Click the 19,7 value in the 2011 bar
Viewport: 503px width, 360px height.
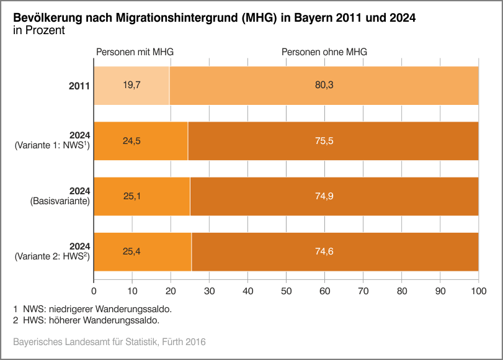pyautogui.click(x=131, y=86)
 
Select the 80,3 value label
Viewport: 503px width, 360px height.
pyautogui.click(x=324, y=86)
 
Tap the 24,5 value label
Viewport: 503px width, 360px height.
pyautogui.click(x=131, y=141)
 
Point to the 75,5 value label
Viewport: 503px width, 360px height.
pyautogui.click(x=324, y=141)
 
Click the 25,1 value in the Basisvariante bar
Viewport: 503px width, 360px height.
pyautogui.click(x=133, y=196)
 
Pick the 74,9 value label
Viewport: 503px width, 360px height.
pyautogui.click(x=324, y=196)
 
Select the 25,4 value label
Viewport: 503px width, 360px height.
pyautogui.click(x=133, y=251)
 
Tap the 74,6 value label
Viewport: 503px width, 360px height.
pyautogui.click(x=324, y=251)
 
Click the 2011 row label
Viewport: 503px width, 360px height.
pyautogui.click(x=79, y=86)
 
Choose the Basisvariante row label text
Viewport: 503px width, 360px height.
pyautogui.click(x=60, y=201)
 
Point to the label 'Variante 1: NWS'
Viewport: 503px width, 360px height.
pyautogui.click(x=52, y=146)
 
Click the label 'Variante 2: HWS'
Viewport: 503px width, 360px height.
pyautogui.click(x=52, y=256)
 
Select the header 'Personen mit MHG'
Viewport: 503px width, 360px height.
pyautogui.click(x=135, y=52)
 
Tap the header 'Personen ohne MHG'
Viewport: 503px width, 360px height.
pyautogui.click(x=324, y=52)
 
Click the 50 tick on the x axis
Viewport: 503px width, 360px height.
pyautogui.click(x=286, y=289)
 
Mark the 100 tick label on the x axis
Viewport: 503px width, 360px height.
pyautogui.click(x=478, y=289)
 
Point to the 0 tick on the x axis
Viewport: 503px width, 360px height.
pyautogui.click(x=94, y=289)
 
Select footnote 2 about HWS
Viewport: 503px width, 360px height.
pyautogui.click(x=86, y=320)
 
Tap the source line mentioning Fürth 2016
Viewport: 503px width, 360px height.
pyautogui.click(x=109, y=342)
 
